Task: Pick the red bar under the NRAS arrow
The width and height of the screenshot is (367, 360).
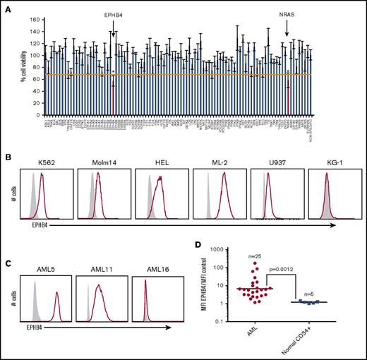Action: point(288,95)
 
